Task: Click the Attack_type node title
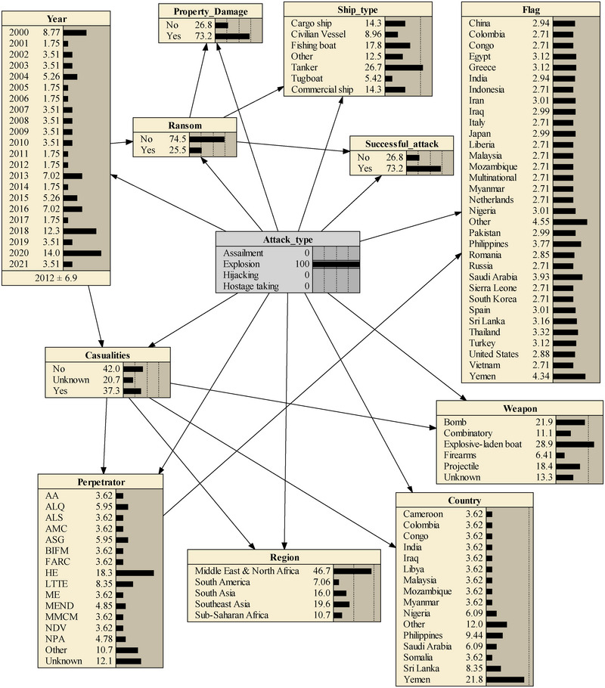287,239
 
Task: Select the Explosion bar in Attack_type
336,265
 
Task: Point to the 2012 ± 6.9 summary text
57,278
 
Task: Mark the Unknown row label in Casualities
67,380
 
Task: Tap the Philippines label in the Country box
430,635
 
